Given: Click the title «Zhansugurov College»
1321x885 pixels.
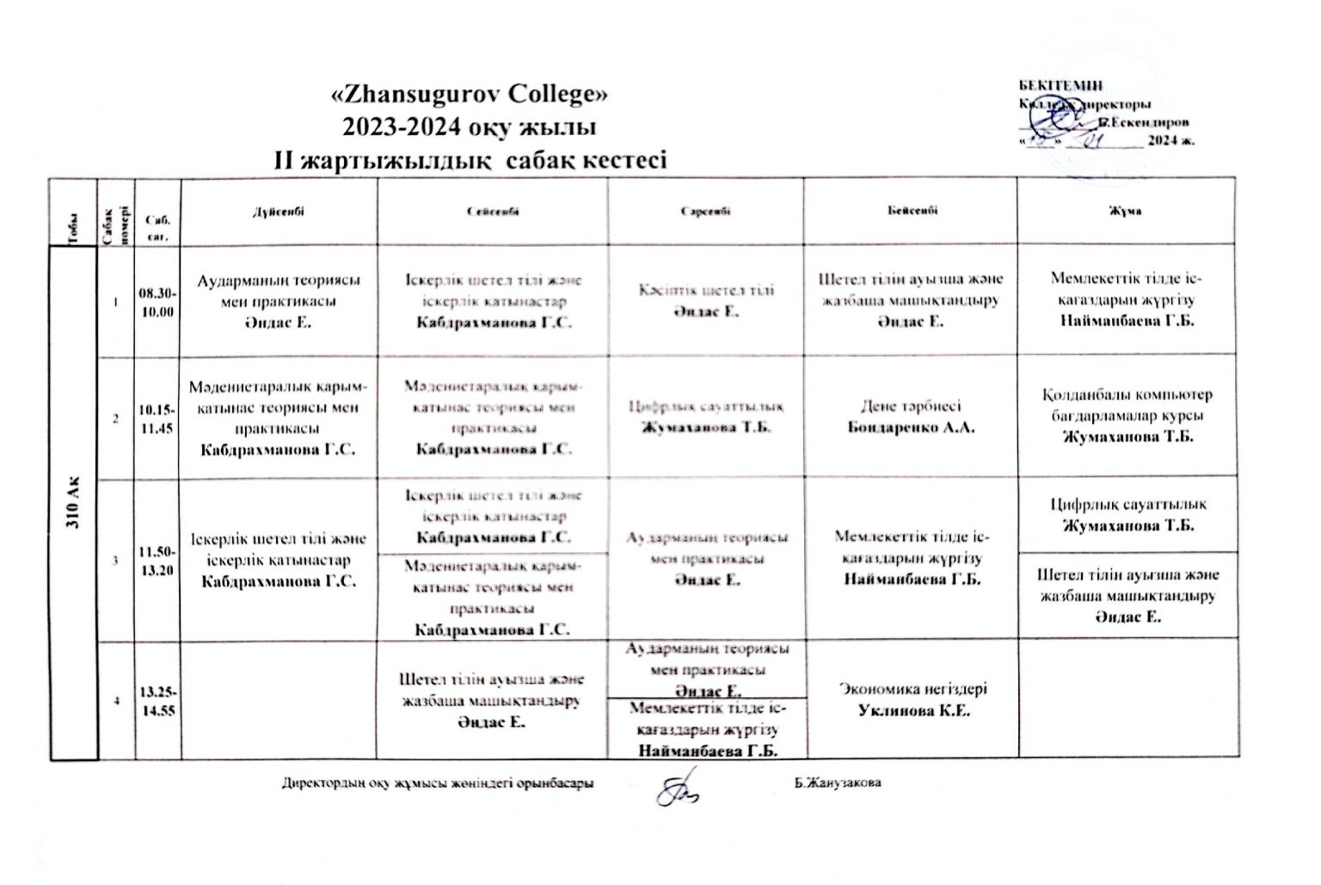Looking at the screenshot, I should [470, 93].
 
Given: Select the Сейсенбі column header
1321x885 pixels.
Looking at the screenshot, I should [493, 211].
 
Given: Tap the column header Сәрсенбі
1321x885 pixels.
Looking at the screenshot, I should [706, 211].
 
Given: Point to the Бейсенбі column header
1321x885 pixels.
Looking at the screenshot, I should [912, 211].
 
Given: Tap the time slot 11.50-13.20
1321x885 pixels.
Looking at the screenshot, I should [157, 560].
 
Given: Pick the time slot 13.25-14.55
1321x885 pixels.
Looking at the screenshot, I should [157, 702].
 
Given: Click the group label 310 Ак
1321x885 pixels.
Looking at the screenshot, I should [75, 507].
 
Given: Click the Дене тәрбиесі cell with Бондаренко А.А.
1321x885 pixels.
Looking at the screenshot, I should [912, 417].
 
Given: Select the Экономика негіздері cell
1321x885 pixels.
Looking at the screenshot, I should [912, 699].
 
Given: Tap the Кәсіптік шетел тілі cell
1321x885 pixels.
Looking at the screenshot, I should [706, 300].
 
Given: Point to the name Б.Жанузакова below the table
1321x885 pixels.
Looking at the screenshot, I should [839, 784].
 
